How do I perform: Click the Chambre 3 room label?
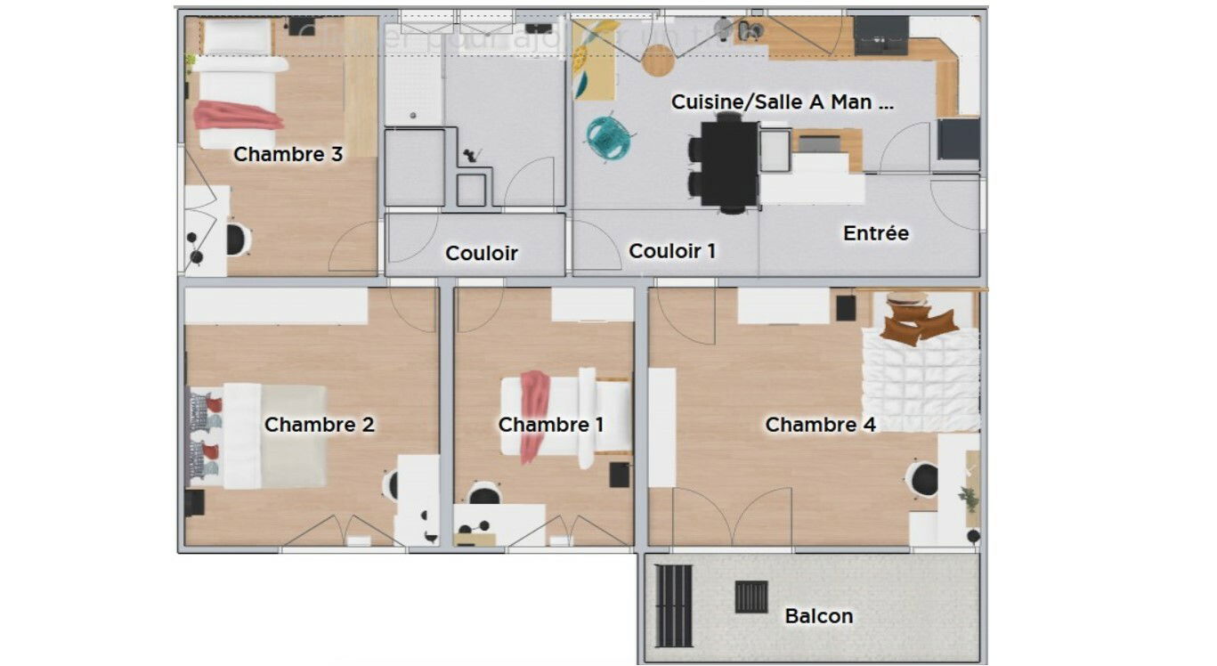pyautogui.click(x=288, y=154)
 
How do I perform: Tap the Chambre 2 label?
pyautogui.click(x=319, y=425)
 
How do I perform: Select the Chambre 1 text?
pyautogui.click(x=550, y=425)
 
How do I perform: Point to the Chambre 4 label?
pyautogui.click(x=820, y=425)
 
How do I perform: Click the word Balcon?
pyautogui.click(x=818, y=616)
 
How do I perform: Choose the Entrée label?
pyautogui.click(x=876, y=233)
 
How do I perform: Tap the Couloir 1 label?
pyautogui.click(x=671, y=251)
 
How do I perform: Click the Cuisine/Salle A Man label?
pyautogui.click(x=782, y=102)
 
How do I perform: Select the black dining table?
pyautogui.click(x=729, y=163)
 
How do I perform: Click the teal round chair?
pyautogui.click(x=610, y=138)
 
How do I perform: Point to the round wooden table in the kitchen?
pyautogui.click(x=659, y=60)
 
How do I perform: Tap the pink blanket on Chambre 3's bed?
pyautogui.click(x=237, y=116)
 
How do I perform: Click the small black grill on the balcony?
pyautogui.click(x=750, y=597)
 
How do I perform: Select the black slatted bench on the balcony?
pyautogui.click(x=673, y=605)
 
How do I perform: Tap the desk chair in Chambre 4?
pyautogui.click(x=922, y=479)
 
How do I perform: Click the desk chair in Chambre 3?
pyautogui.click(x=237, y=240)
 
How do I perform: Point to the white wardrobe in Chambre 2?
pyautogui.click(x=276, y=305)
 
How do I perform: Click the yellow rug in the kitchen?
pyautogui.click(x=595, y=61)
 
